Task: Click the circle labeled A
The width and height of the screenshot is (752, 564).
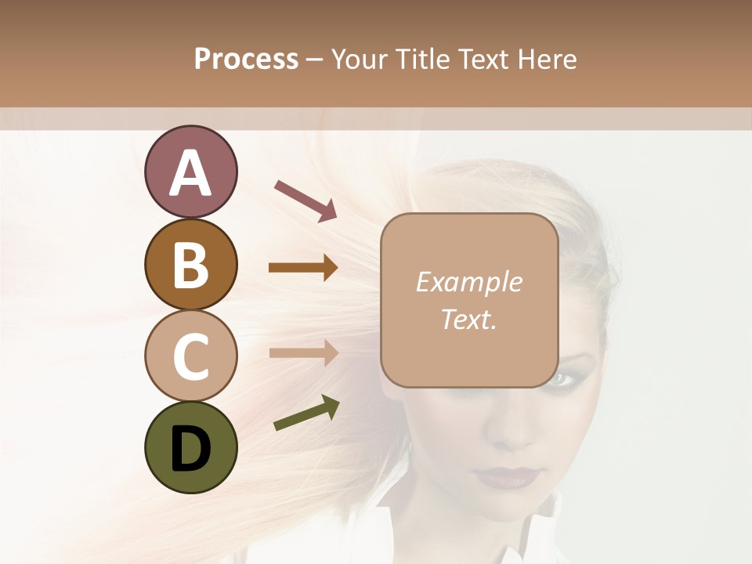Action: (x=190, y=172)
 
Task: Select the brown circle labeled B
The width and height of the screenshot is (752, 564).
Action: (x=190, y=264)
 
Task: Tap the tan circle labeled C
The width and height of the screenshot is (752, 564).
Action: (x=190, y=356)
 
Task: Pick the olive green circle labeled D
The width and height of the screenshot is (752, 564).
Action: (x=190, y=447)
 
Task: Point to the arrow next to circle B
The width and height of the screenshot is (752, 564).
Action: (x=303, y=268)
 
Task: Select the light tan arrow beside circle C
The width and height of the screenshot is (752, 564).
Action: (x=303, y=352)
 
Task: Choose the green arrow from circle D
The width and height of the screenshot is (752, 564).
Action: (x=307, y=414)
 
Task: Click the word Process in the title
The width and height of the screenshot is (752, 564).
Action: (x=246, y=60)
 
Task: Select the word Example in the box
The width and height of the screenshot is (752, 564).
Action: (x=468, y=282)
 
